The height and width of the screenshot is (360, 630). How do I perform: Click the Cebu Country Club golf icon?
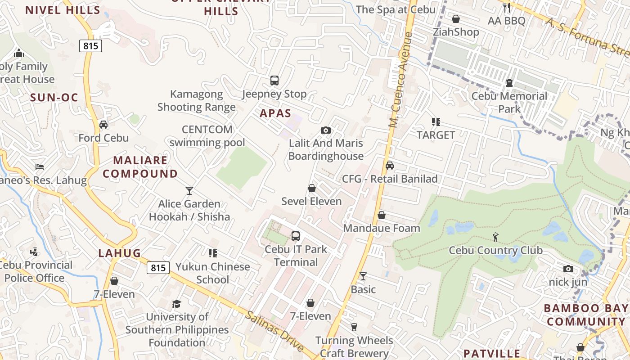click(x=495, y=237)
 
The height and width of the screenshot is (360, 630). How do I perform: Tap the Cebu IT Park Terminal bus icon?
click(x=296, y=236)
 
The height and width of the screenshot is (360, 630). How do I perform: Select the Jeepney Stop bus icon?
click(x=274, y=81)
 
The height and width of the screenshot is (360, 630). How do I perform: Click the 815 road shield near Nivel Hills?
click(x=91, y=45)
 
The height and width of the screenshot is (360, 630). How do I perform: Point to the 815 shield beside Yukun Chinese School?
click(x=158, y=268)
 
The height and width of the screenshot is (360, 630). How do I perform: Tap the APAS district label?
click(x=275, y=113)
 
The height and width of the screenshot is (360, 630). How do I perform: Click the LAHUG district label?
click(x=120, y=253)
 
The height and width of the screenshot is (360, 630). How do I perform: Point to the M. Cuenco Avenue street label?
click(x=400, y=80)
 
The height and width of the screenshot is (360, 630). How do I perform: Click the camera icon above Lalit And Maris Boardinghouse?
click(x=326, y=130)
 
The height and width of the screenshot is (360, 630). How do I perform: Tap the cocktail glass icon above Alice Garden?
click(x=189, y=191)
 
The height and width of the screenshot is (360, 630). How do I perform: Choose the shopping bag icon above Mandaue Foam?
click(x=382, y=215)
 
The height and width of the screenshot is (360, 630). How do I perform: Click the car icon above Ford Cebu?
click(x=103, y=125)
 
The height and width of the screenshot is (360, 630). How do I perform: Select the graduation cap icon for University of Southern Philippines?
click(x=177, y=304)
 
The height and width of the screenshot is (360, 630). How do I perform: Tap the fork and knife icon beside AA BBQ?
click(x=507, y=8)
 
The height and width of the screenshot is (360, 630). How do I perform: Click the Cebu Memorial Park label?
click(x=509, y=103)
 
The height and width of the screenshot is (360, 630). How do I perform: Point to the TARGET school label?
click(x=436, y=135)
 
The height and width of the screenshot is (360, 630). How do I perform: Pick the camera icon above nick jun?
click(x=568, y=269)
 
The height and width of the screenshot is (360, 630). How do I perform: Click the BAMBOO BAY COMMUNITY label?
click(x=586, y=315)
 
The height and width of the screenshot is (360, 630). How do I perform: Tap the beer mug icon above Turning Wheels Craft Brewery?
click(x=354, y=327)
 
